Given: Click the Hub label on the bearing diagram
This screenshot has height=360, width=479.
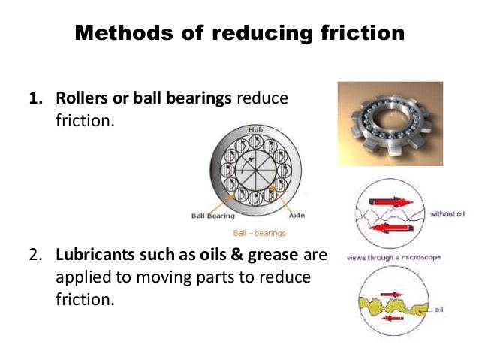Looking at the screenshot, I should tap(255, 130).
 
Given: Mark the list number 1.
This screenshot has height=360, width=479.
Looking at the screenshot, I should tap(35, 101).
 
